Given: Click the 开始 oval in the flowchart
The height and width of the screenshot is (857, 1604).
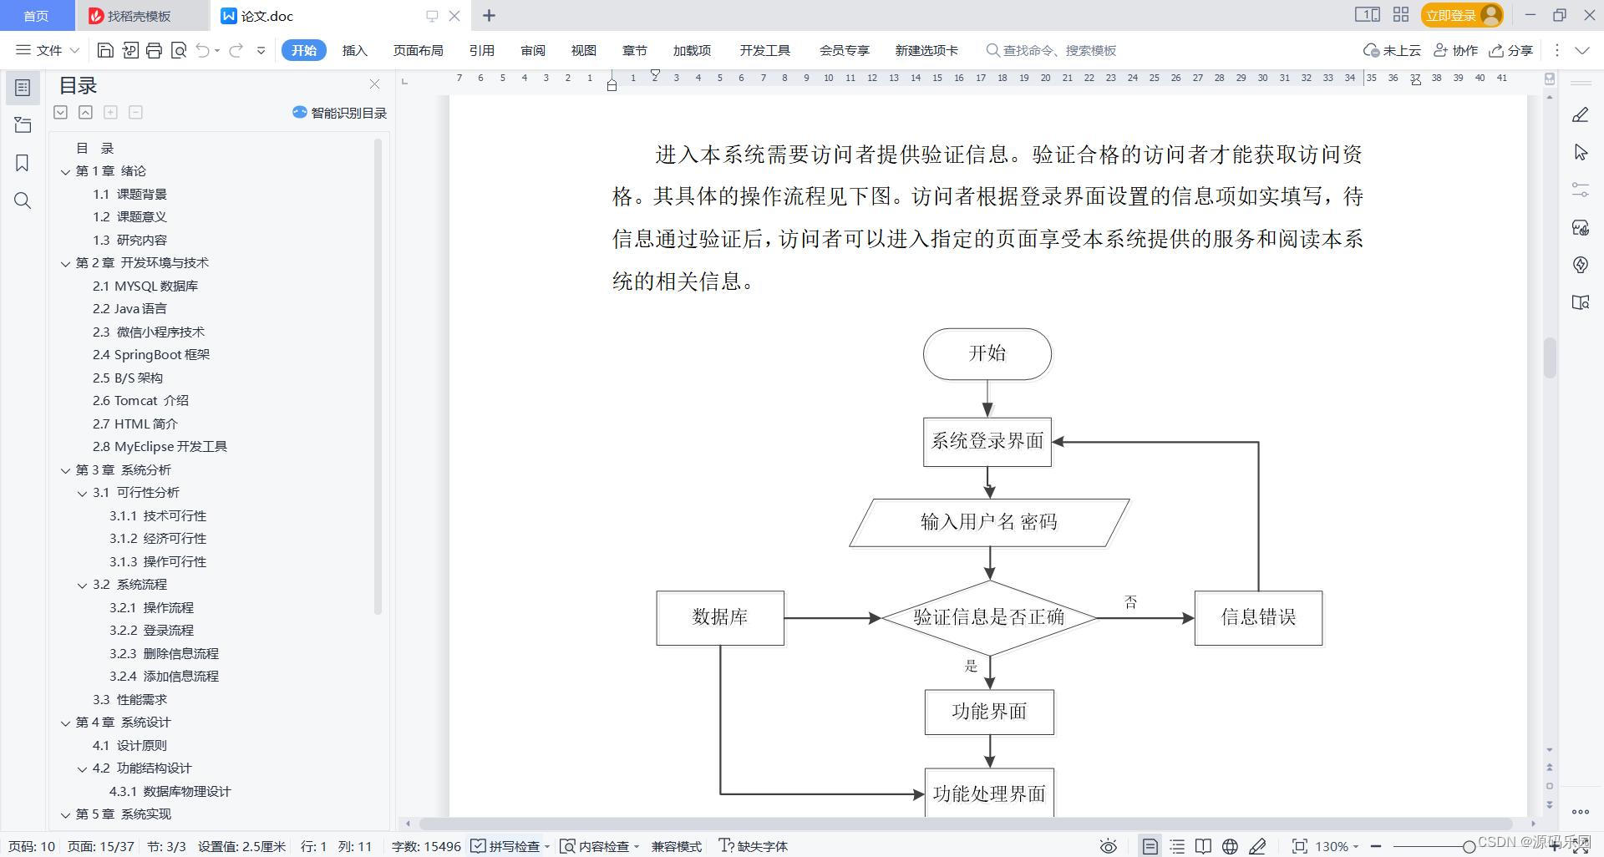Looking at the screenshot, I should click(x=987, y=353).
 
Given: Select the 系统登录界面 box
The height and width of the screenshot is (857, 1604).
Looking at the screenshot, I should click(x=987, y=441).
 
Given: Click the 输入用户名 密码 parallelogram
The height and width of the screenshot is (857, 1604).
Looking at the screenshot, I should click(x=989, y=523).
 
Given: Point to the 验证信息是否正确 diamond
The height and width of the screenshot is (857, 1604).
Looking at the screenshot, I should click(x=989, y=618).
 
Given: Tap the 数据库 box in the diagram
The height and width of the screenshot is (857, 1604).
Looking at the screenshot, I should click(x=719, y=618).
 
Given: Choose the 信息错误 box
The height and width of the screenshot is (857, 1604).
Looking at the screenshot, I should click(x=1258, y=618).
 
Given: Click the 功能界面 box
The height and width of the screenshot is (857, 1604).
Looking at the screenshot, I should click(x=989, y=712).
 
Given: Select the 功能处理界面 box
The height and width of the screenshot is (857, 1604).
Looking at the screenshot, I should click(x=989, y=794).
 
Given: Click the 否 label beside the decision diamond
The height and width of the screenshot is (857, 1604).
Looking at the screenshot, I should click(x=1130, y=601).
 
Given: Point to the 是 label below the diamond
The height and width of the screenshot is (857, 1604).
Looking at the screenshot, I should click(x=971, y=666).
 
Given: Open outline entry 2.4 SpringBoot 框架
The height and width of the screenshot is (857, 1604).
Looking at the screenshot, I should click(x=151, y=355).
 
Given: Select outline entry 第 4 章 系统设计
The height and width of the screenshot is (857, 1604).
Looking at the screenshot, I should click(x=123, y=723).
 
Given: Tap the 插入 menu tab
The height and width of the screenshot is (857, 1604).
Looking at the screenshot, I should click(x=354, y=51).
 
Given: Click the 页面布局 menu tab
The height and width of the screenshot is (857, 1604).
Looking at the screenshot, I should click(x=418, y=51).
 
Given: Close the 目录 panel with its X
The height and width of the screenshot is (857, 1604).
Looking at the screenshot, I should click(x=374, y=84).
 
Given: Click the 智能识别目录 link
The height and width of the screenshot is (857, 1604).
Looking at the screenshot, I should click(x=340, y=113).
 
